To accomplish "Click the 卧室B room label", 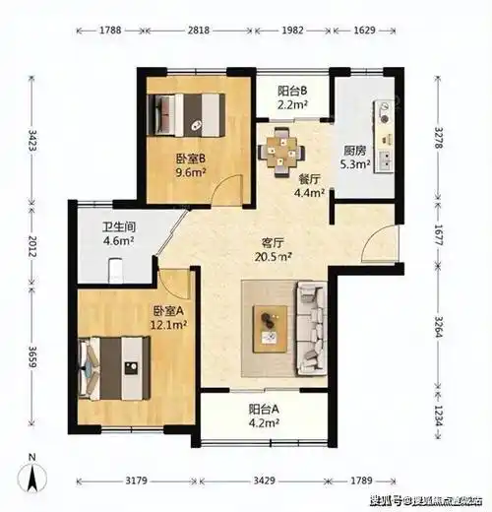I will click(190, 160).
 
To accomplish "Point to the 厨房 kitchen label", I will click(356, 152).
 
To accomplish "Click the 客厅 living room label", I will click(274, 241).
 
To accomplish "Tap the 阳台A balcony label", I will click(263, 415).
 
